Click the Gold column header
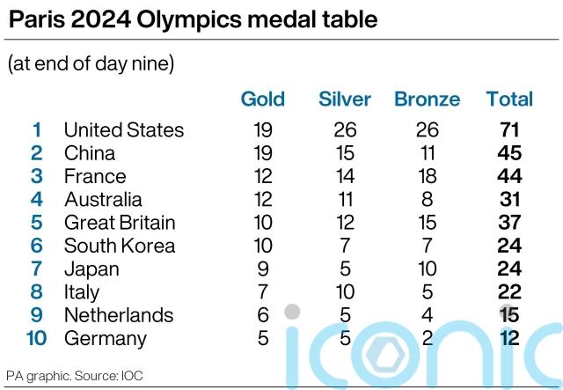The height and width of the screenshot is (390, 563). [262, 99]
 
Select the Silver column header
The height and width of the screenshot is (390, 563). [345, 99]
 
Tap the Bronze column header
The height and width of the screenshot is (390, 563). [428, 99]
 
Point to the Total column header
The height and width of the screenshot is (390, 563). [509, 99]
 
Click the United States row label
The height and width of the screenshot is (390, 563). [124, 130]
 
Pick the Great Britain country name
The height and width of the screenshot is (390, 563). [120, 223]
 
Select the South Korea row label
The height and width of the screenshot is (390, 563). [120, 246]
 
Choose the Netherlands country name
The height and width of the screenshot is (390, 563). [119, 315]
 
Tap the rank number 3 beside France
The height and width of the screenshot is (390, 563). [36, 177]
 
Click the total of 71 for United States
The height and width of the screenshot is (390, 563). [509, 130]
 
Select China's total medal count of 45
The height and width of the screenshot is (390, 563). [509, 153]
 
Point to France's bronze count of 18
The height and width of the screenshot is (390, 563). [428, 177]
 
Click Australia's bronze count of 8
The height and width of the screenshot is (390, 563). [428, 200]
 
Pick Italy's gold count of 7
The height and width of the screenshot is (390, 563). [262, 292]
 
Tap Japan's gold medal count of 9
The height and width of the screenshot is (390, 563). [262, 269]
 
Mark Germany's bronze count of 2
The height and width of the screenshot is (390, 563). [428, 338]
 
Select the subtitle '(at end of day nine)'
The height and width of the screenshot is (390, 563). [91, 64]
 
